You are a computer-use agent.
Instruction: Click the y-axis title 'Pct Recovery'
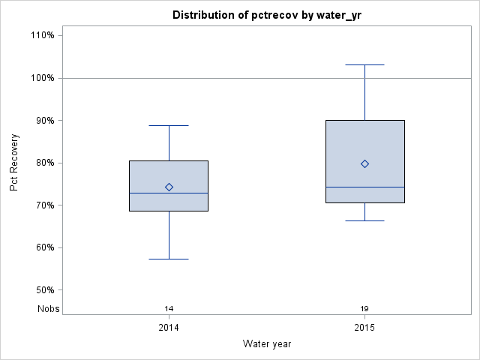pyautogui.click(x=15, y=163)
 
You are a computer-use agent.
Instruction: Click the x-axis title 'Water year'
pyautogui.click(x=267, y=343)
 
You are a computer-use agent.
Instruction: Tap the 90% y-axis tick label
pyautogui.click(x=43, y=120)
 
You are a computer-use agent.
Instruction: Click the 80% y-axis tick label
pyautogui.click(x=43, y=163)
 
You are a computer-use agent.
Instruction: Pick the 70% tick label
pyautogui.click(x=43, y=205)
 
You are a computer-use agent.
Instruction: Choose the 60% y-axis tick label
pyautogui.click(x=43, y=247)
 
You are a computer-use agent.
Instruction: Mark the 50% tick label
pyautogui.click(x=43, y=290)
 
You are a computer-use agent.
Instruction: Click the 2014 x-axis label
pyautogui.click(x=169, y=328)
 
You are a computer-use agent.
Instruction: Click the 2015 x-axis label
pyautogui.click(x=364, y=328)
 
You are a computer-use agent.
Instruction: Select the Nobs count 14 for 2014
pyautogui.click(x=169, y=308)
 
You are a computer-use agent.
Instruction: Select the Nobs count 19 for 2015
pyautogui.click(x=364, y=308)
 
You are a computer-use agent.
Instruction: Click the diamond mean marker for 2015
pyautogui.click(x=364, y=163)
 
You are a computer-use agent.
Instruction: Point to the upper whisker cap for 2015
pyautogui.click(x=364, y=64)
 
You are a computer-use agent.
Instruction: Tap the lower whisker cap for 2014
pyautogui.click(x=169, y=259)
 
